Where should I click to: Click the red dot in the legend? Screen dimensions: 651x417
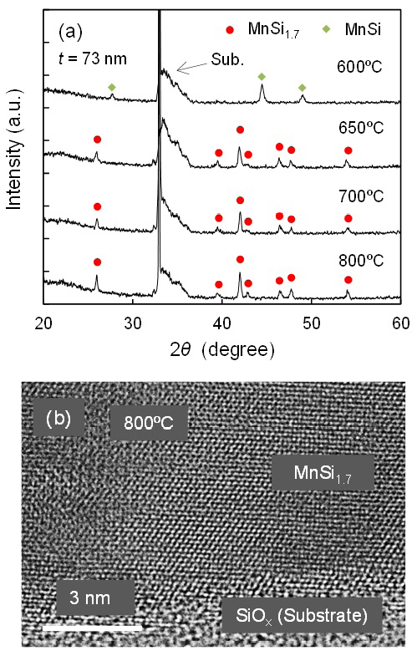228,31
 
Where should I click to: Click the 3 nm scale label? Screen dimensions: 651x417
94,598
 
